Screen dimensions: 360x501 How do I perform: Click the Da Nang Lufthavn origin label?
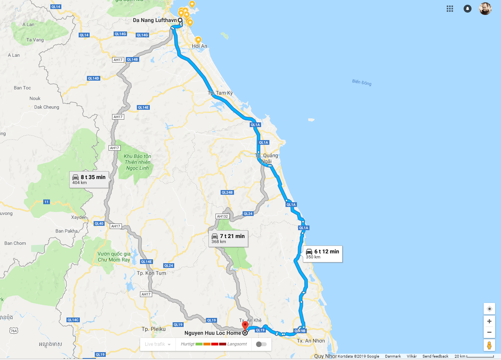(x=155, y=20)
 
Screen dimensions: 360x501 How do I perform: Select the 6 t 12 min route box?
(x=322, y=254)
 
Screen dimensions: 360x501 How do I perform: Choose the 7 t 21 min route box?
(x=228, y=238)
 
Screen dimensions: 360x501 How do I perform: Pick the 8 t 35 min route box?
(x=89, y=179)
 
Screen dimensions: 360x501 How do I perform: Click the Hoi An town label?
(x=199, y=46)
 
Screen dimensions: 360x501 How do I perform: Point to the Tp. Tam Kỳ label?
(x=220, y=93)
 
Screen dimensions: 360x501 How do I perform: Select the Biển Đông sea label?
(x=362, y=83)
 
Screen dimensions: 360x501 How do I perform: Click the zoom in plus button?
(x=489, y=321)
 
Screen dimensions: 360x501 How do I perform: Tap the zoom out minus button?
(x=489, y=332)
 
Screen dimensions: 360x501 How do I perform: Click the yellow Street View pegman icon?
(x=489, y=345)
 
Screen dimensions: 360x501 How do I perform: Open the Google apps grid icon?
(x=450, y=9)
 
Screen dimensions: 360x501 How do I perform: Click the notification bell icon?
(x=468, y=9)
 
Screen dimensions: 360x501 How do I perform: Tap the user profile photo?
(x=485, y=9)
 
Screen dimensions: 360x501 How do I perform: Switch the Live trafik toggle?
(x=261, y=344)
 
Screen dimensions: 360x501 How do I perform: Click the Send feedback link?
(x=435, y=356)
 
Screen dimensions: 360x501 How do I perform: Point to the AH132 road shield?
(x=222, y=216)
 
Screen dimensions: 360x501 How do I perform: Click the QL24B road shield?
(x=227, y=192)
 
